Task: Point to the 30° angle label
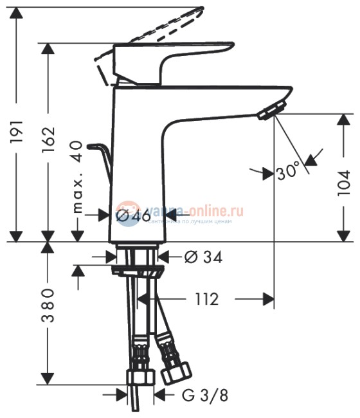pyautogui.click(x=287, y=172)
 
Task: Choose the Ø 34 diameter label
pyautogui.click(x=203, y=257)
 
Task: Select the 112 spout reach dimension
pyautogui.click(x=205, y=298)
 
